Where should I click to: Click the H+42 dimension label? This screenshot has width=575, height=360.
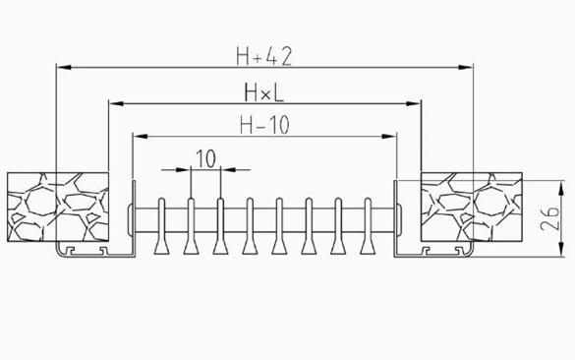pos(264,56)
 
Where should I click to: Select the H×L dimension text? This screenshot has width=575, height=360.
pos(264,92)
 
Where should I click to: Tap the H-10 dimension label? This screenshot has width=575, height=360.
pos(264,125)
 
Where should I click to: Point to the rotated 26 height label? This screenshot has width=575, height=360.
pos(549,218)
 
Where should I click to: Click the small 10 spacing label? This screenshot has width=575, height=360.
pos(205,159)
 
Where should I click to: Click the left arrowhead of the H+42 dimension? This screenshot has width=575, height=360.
pos(64,67)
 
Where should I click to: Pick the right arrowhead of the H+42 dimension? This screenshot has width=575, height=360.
pos(466,67)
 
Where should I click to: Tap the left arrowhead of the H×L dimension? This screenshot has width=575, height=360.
pos(116,103)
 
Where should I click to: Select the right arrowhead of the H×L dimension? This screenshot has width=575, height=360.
pos(414,103)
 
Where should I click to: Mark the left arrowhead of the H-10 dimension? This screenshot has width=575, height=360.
pos(141,136)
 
